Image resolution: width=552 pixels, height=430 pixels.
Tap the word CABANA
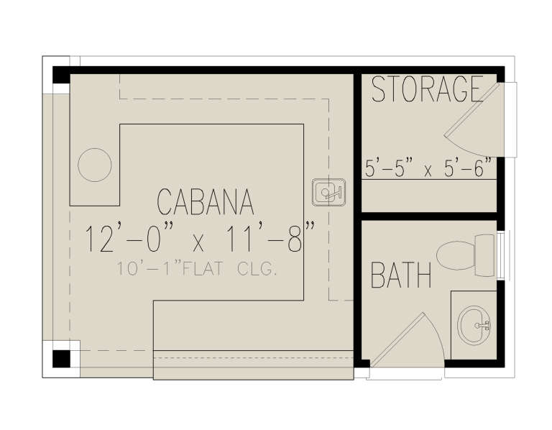point(205,202)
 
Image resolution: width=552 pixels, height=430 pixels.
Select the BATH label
point(401,275)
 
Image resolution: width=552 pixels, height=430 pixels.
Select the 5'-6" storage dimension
point(466,170)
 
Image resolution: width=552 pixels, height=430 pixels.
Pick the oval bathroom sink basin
point(474,324)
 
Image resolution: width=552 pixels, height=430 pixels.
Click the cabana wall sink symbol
point(328,193)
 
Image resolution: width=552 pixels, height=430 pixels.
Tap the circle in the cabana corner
point(95,165)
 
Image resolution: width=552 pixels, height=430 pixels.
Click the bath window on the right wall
point(501,255)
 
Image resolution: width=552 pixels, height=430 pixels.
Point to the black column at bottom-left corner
point(61,357)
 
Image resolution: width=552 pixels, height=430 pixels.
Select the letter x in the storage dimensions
point(428,172)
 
